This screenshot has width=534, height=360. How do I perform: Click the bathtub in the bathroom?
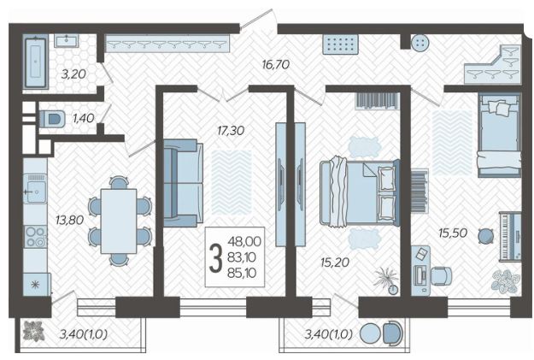[x=35, y=62]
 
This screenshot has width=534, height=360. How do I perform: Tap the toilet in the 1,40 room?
[x=52, y=119]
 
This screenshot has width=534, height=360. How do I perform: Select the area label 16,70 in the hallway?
[x=275, y=64]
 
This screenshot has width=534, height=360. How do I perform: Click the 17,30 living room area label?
[x=231, y=130]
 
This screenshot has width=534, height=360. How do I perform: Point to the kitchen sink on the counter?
[x=35, y=188]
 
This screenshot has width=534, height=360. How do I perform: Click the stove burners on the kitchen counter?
[x=35, y=236]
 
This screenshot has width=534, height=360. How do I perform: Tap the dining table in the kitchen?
[x=119, y=221]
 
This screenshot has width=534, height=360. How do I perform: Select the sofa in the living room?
[x=181, y=183]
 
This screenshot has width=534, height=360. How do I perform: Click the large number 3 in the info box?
[x=215, y=257]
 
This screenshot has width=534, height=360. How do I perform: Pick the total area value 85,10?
[x=242, y=273]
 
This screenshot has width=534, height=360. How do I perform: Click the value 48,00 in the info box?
[x=244, y=241]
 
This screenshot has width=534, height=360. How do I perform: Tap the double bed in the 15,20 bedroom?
[x=360, y=192]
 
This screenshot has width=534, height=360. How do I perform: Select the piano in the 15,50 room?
[x=510, y=237]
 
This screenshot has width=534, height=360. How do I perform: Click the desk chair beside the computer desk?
[x=442, y=276]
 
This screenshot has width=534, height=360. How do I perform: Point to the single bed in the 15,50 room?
[x=499, y=136]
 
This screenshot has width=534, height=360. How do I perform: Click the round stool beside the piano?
[x=485, y=236]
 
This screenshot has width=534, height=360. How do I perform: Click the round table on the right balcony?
[x=370, y=333]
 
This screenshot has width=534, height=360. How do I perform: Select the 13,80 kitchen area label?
[x=70, y=221]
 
